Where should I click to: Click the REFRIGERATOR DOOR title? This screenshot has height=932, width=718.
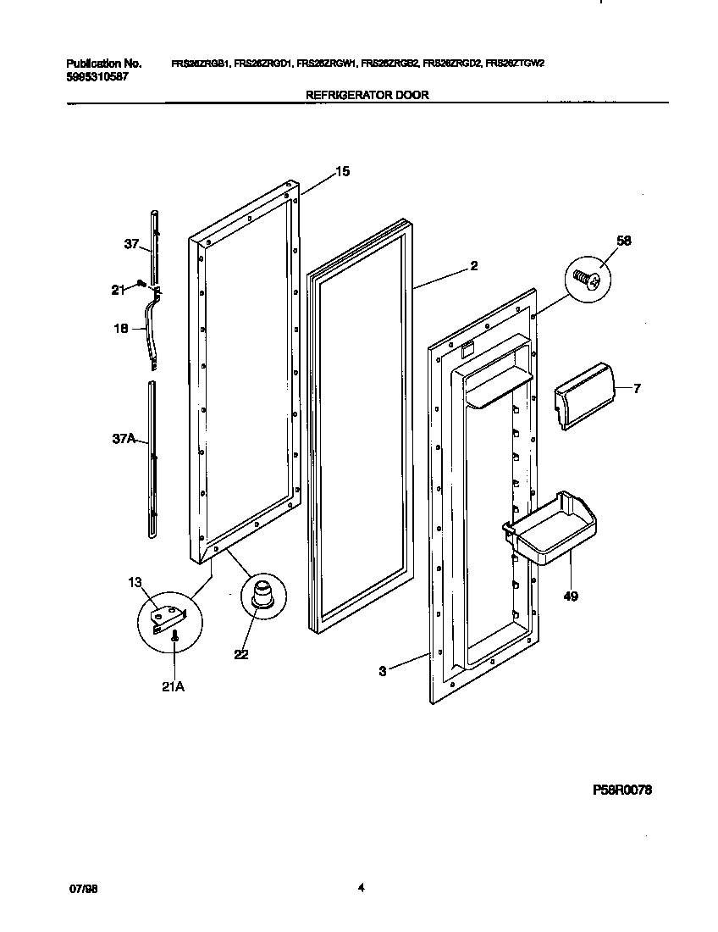[x=366, y=96]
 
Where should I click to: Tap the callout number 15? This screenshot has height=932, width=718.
[x=341, y=172]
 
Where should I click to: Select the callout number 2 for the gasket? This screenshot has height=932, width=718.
[x=473, y=266]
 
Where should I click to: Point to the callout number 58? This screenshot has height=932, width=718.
[x=624, y=241]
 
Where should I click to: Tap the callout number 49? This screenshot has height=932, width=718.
[x=571, y=596]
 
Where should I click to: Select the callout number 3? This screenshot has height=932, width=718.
[x=383, y=671]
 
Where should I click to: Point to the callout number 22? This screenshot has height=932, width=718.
[x=241, y=654]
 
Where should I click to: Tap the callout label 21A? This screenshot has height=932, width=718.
[x=173, y=686]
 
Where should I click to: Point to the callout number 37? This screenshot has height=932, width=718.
[x=131, y=245]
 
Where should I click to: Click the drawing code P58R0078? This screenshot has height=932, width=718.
[x=622, y=790]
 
